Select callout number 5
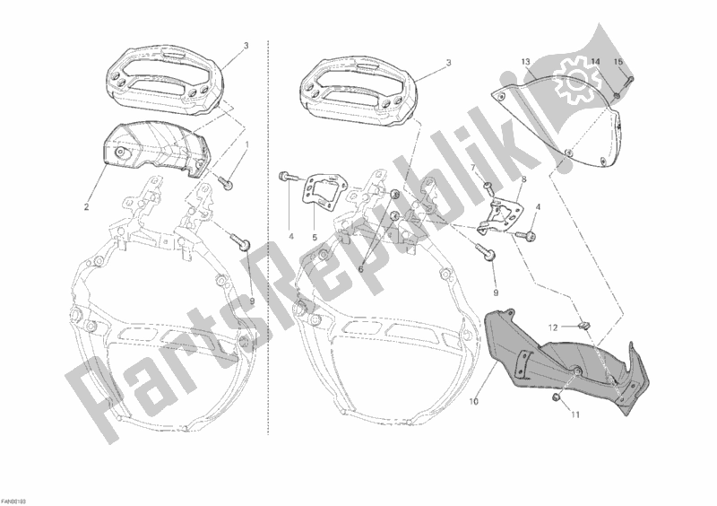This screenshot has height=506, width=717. pos(315,238)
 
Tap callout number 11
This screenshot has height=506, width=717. pos(576,414)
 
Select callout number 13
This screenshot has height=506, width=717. pos(526,61)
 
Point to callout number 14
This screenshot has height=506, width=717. pos(593,61)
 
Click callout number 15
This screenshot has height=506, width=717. pos(616,61)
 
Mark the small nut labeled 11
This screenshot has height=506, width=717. pos(557,396)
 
